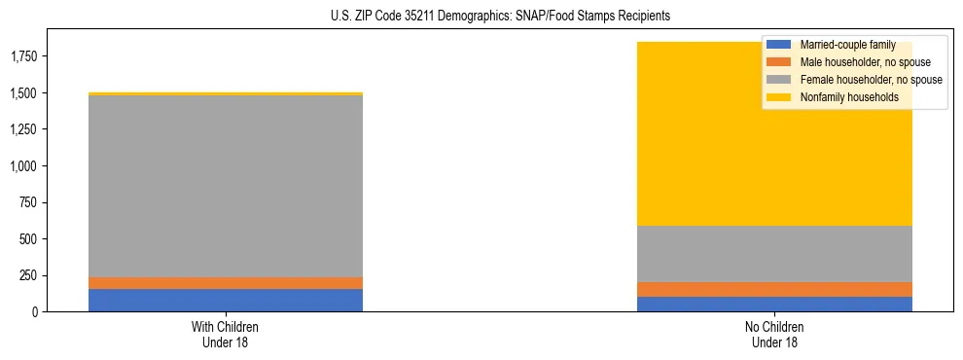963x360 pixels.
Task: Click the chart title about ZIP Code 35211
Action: point(482,17)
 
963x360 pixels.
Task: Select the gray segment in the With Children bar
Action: point(226,186)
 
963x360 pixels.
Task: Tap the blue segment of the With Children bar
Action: point(226,300)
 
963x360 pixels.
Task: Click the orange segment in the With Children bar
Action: point(226,283)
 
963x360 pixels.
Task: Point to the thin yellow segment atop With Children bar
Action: point(226,94)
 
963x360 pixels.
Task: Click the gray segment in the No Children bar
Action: point(775,254)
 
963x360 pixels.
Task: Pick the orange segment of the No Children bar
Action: point(775,289)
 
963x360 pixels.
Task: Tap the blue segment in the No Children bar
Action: point(775,304)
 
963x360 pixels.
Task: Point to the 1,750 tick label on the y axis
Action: point(23,56)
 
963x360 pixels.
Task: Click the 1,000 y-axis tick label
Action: point(23,166)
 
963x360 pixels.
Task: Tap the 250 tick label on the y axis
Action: point(29,275)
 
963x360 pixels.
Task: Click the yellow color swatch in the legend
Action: point(779,97)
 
